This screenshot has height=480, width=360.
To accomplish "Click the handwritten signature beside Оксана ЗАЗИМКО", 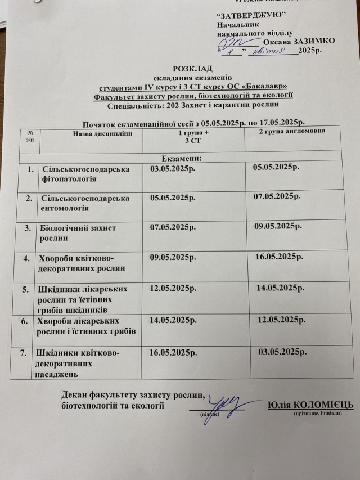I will click(x=233, y=42).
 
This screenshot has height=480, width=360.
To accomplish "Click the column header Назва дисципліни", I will click(x=103, y=133).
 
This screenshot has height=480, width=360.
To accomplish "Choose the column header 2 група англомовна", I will click(x=292, y=131).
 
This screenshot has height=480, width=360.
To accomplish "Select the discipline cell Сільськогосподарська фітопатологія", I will click(x=85, y=174).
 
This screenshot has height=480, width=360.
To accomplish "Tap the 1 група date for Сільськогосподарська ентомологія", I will click(x=172, y=198).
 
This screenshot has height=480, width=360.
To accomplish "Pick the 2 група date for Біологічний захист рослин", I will click(x=278, y=226).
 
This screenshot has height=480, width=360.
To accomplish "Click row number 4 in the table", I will click(x=24, y=259).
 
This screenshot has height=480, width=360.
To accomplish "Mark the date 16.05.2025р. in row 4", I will click(x=280, y=257).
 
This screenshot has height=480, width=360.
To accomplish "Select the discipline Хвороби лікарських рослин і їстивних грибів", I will click(x=85, y=325).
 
